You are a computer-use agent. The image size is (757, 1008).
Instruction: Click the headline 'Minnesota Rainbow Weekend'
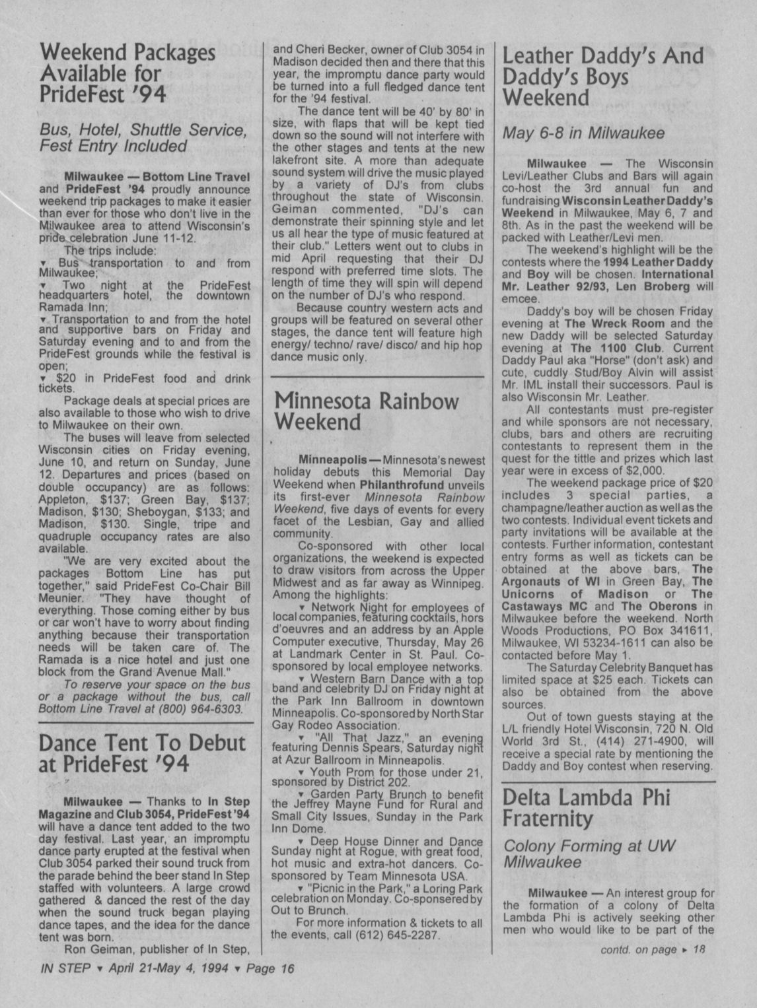(366, 411)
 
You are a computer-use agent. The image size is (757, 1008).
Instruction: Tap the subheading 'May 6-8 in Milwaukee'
(583, 133)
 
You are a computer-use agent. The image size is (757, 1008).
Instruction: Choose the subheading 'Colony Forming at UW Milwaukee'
(590, 854)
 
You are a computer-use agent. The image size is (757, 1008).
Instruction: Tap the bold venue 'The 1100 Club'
(610, 348)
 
